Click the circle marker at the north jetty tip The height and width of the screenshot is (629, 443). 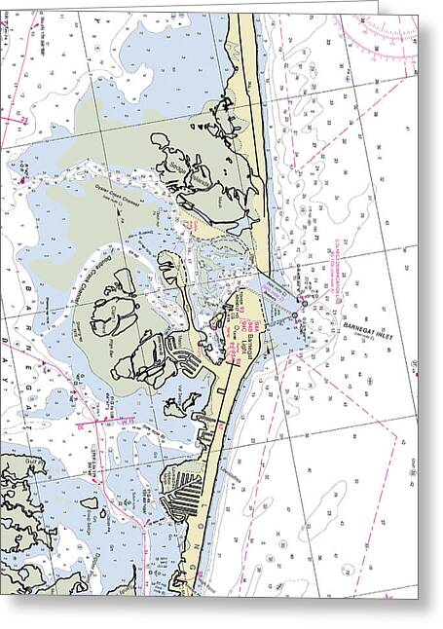[303, 303]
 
